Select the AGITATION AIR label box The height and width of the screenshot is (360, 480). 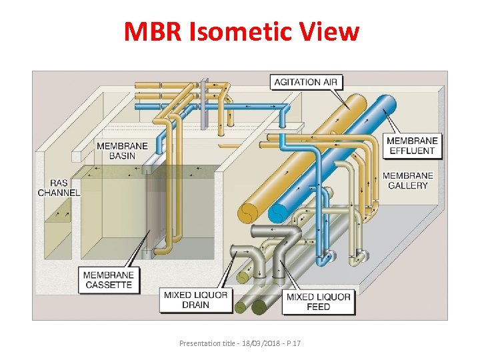pos(306,82)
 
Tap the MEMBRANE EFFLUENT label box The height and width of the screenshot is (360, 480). pos(411,145)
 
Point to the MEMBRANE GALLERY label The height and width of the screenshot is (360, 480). pos(407,180)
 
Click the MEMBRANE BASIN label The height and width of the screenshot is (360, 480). pos(116,151)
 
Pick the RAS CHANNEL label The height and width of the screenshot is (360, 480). pos(59,187)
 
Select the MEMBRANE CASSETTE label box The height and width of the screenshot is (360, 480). pos(108,279)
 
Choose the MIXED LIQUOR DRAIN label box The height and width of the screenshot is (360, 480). pos(195,300)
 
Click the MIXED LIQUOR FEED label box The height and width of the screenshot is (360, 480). pos(318,301)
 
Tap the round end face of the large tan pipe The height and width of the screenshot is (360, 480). pos(247,211)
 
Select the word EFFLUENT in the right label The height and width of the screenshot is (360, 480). pos(411,151)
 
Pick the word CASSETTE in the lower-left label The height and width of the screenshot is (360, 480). pos(108,285)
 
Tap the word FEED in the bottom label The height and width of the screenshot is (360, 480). pos(318,307)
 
